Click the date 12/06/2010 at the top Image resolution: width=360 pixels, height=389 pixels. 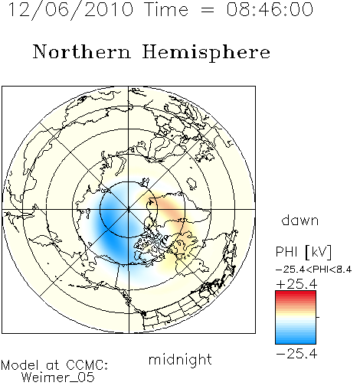click(x=70, y=10)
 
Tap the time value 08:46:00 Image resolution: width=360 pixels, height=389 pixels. click(x=270, y=10)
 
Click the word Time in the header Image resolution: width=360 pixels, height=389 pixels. click(x=166, y=10)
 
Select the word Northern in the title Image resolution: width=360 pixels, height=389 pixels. click(x=82, y=52)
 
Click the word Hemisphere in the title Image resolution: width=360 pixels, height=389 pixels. click(x=206, y=53)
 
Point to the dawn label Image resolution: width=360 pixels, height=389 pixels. click(x=300, y=221)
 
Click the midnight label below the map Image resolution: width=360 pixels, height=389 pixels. click(x=180, y=359)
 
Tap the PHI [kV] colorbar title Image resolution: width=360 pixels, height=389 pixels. click(x=303, y=252)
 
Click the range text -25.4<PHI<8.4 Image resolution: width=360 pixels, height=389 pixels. click(x=314, y=270)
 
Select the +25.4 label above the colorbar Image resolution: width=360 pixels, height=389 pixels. click(x=296, y=284)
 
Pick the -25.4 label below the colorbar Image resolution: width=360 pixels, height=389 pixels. click(x=296, y=354)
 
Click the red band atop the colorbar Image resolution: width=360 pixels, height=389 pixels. click(x=296, y=295)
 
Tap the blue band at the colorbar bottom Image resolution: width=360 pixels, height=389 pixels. click(x=296, y=339)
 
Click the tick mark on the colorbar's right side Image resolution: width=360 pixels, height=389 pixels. click(x=318, y=317)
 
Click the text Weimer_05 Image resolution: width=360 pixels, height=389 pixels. click(x=58, y=378)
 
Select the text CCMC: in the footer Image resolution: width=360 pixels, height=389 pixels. click(x=87, y=365)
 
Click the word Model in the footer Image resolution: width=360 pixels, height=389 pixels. click(x=20, y=365)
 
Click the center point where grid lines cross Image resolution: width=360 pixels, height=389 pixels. click(x=129, y=209)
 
